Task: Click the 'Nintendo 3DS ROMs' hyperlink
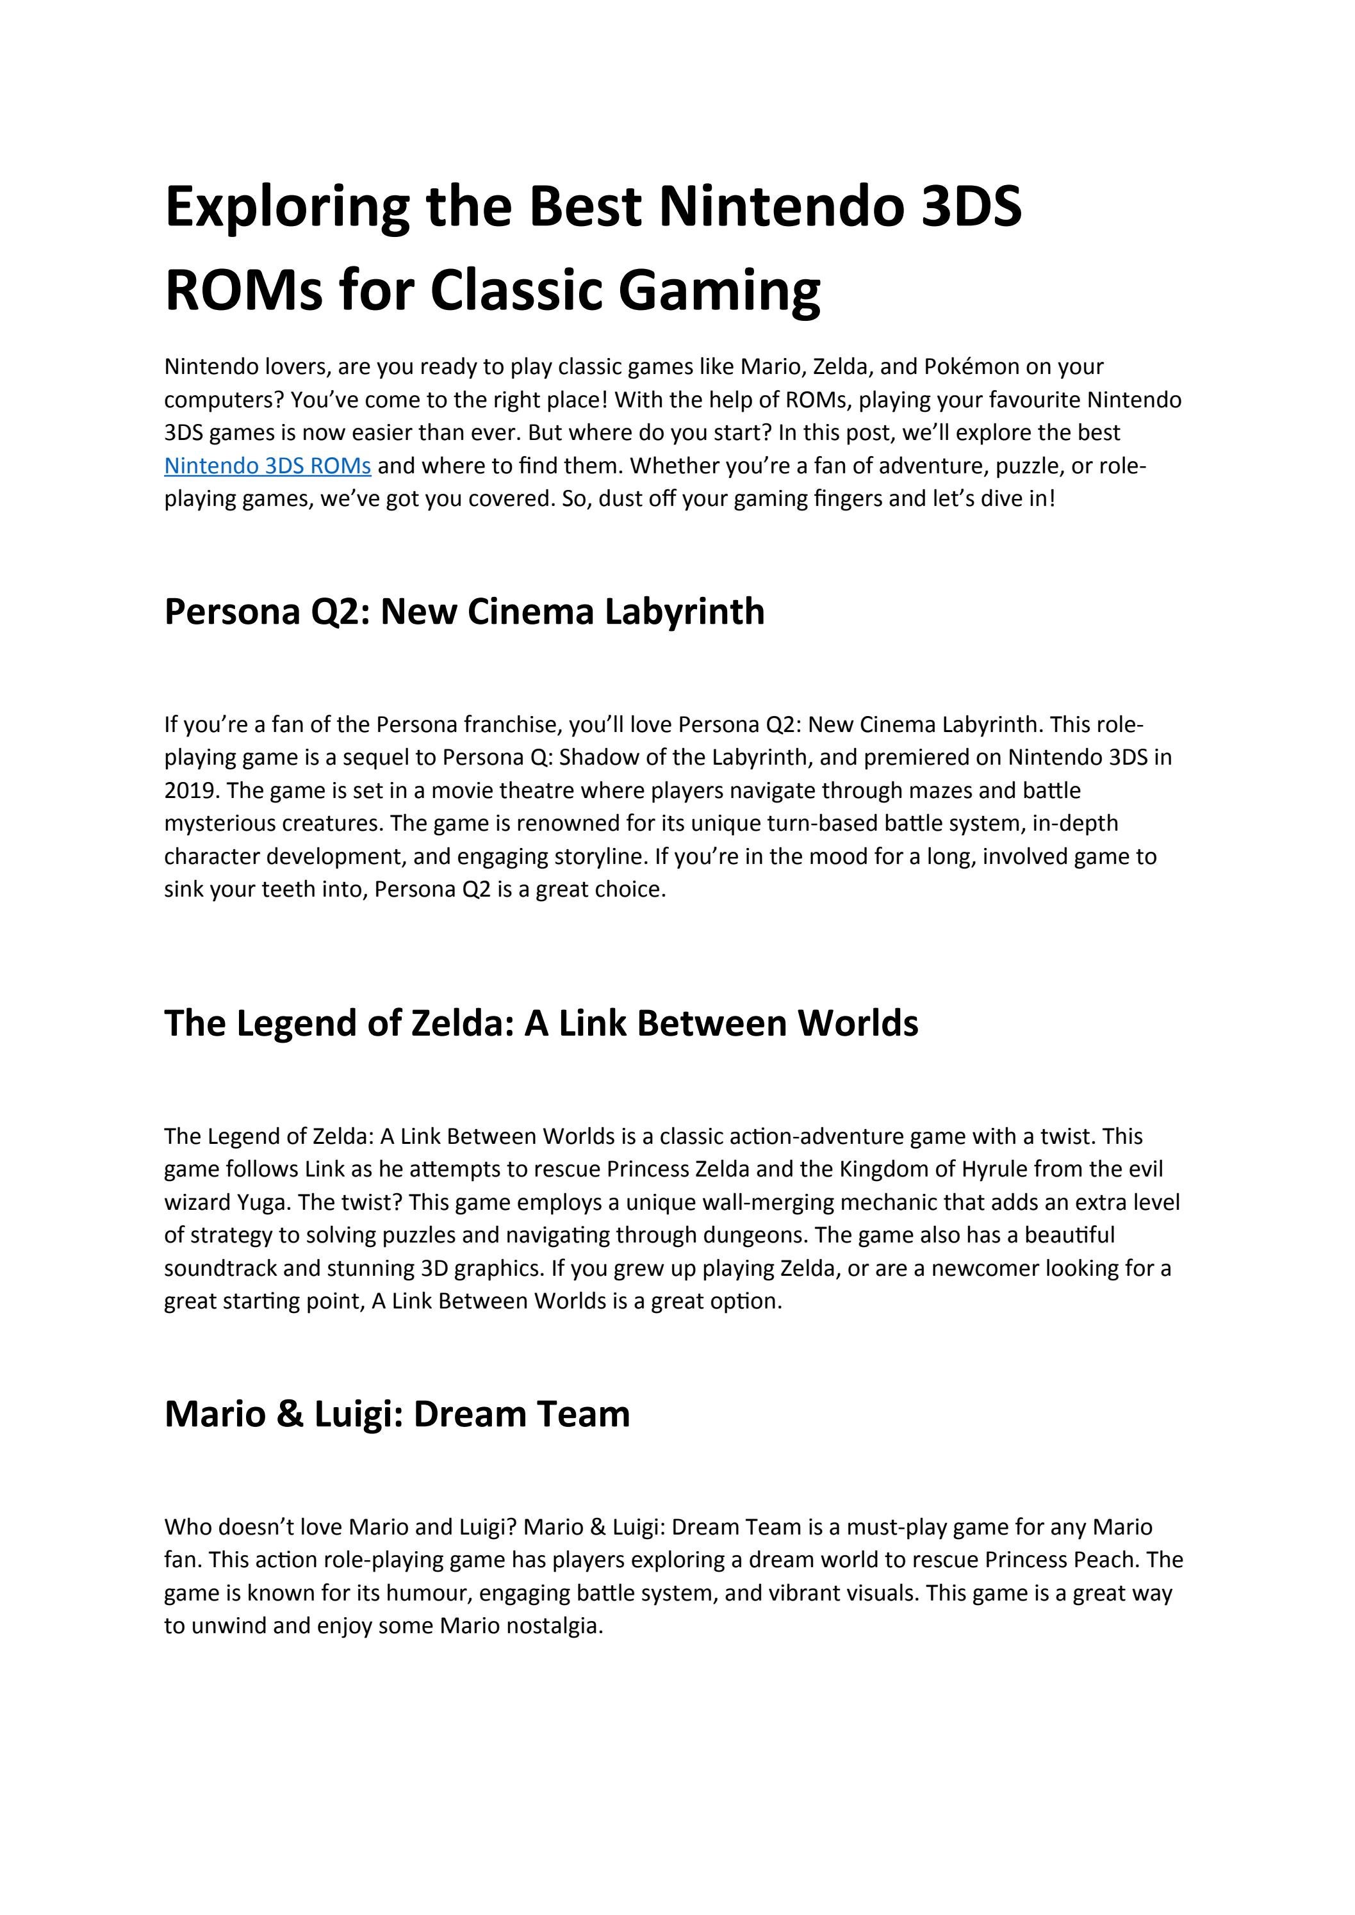[267, 466]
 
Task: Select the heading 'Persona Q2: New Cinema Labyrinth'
[464, 612]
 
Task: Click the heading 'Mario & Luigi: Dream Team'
[397, 1414]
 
